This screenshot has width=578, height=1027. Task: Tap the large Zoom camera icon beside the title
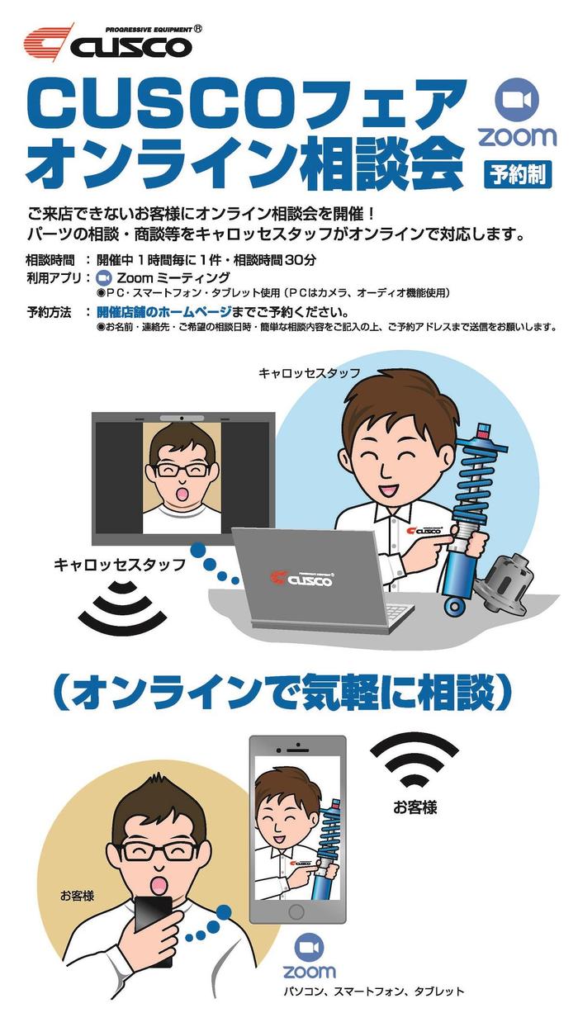(x=517, y=101)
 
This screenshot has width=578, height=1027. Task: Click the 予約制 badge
(x=518, y=175)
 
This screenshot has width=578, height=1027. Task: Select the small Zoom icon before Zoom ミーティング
(x=104, y=278)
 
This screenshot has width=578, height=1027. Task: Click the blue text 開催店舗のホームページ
(x=164, y=312)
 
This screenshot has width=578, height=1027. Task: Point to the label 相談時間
(x=50, y=260)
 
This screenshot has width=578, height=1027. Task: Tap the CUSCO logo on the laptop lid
(x=302, y=580)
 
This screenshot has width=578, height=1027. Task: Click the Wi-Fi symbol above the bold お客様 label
(x=415, y=764)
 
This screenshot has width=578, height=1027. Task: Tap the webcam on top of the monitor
(x=182, y=418)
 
